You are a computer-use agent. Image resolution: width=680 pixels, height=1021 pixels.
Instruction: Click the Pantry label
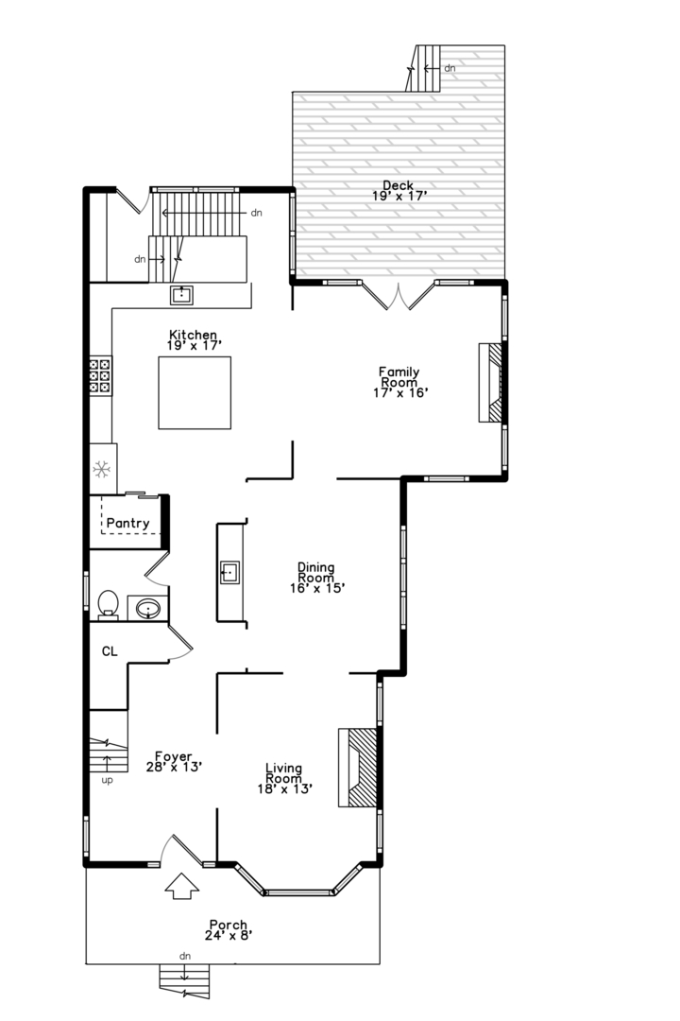coord(127,523)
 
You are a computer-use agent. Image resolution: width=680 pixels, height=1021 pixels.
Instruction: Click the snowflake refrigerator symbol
coord(101,468)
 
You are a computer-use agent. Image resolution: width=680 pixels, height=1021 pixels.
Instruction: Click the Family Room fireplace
coord(491,382)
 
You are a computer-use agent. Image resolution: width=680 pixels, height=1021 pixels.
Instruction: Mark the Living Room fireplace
coord(359,767)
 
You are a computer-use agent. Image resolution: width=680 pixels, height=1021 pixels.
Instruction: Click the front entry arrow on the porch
coord(182,888)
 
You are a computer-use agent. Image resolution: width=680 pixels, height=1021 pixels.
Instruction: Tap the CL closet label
coord(110,650)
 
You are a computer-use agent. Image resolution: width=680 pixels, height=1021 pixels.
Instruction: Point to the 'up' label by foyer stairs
coord(107,781)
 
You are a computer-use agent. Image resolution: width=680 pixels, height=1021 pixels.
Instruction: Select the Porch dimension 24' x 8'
coord(228,936)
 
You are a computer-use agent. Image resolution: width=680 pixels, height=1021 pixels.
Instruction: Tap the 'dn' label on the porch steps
coord(184,957)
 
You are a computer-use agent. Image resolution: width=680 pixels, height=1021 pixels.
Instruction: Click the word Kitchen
coord(193,335)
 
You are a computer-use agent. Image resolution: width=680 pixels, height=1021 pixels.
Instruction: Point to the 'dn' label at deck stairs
coord(450,68)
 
